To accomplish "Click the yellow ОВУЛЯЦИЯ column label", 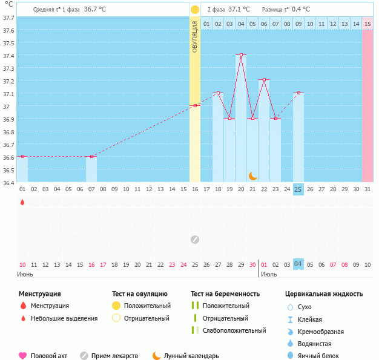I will point(195,36).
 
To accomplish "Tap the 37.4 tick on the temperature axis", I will point(8,56).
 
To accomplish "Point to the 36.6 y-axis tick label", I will point(8,157).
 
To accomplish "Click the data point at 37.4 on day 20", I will point(241,55).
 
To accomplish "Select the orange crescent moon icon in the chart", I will point(252,175).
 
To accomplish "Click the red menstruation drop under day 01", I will point(22,202).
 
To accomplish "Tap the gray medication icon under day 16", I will point(195,239).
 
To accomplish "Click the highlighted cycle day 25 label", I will point(298,189).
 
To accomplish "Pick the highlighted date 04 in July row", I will point(298,264).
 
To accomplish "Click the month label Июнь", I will point(25,274).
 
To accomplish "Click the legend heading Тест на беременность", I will point(225,293).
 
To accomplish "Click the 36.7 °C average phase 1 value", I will point(95,10).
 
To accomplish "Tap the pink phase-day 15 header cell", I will point(367,24).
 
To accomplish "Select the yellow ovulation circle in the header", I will point(195,10).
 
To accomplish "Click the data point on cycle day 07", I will point(91,157).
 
